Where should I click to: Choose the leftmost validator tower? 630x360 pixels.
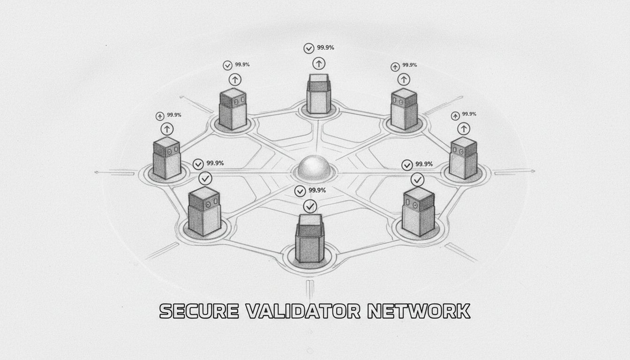(166, 158)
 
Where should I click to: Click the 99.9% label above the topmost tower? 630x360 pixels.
(326, 47)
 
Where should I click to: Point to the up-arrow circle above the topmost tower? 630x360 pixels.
(319, 63)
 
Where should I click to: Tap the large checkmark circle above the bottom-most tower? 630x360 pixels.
(309, 206)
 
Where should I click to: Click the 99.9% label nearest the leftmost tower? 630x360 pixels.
(174, 115)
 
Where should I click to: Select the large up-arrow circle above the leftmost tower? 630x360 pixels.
(167, 129)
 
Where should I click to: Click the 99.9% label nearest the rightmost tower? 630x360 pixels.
(469, 114)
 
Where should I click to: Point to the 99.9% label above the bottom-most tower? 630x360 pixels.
(317, 190)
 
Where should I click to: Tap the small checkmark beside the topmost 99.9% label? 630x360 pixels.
(309, 48)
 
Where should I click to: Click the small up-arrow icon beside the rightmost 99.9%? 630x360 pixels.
(455, 115)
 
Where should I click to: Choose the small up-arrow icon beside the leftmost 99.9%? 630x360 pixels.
(160, 115)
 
